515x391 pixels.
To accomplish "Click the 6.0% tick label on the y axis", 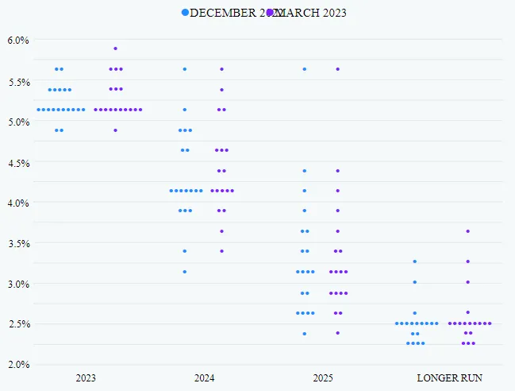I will [18, 41].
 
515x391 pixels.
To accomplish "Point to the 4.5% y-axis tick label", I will [18, 163].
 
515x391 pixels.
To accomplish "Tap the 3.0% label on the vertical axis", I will [18, 284].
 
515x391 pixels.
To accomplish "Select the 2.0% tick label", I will [18, 365].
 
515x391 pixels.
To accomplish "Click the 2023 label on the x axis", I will [86, 377].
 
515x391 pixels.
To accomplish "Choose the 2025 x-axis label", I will [321, 377].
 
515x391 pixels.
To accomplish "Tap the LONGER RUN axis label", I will [449, 377].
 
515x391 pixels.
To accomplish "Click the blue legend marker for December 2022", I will [186, 13].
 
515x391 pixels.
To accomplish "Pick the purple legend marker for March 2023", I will [270, 13].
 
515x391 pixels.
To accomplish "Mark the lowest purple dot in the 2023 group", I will [115, 130].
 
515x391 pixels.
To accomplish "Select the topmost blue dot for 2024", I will [185, 69].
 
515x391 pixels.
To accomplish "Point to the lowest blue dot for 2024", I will [185, 271].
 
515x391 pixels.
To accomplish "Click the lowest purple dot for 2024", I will [221, 250].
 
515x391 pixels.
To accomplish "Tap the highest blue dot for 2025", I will [304, 69].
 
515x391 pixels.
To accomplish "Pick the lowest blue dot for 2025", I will [304, 333].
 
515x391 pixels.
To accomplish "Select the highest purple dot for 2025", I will [337, 69].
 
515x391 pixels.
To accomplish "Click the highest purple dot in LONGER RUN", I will [467, 231].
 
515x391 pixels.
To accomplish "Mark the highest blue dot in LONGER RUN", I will [414, 261].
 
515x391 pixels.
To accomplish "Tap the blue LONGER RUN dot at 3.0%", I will [414, 281].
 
